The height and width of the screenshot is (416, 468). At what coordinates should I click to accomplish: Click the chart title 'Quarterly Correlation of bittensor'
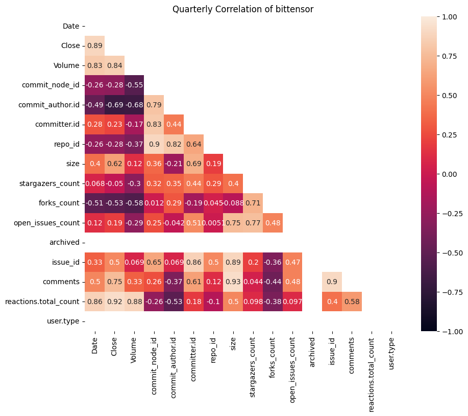click(x=242, y=9)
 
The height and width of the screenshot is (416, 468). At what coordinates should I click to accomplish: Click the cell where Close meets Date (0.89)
click(x=94, y=45)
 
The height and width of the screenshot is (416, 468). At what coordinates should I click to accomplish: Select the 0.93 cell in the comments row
click(x=233, y=282)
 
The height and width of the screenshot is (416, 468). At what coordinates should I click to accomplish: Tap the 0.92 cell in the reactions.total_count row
click(x=114, y=302)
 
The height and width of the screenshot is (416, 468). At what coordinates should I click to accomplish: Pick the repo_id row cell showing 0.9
click(x=154, y=144)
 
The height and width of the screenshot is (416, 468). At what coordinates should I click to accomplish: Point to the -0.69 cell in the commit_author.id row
click(x=114, y=105)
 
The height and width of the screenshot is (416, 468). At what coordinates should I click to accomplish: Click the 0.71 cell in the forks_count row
click(x=253, y=203)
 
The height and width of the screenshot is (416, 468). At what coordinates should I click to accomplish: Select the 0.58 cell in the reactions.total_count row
click(x=352, y=302)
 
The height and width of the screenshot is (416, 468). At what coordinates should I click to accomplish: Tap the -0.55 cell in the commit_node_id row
click(x=134, y=85)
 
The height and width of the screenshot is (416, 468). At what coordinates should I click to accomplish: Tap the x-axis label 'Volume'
click(x=134, y=353)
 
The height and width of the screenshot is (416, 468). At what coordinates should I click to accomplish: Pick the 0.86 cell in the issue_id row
click(x=193, y=262)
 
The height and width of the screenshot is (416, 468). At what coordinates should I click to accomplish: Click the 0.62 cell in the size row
click(x=114, y=164)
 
